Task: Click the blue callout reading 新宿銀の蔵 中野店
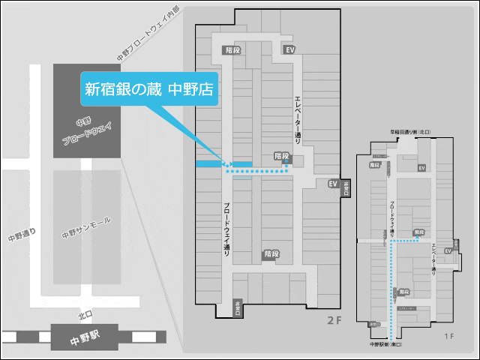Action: coord(148,90)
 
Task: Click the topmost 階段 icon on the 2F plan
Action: coord(232,49)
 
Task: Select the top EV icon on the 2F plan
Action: coord(290,49)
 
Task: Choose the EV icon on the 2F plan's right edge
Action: coord(334,183)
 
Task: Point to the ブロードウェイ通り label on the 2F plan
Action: coord(226,229)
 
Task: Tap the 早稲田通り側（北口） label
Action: coord(409,131)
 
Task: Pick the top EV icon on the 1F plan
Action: coord(421,167)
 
